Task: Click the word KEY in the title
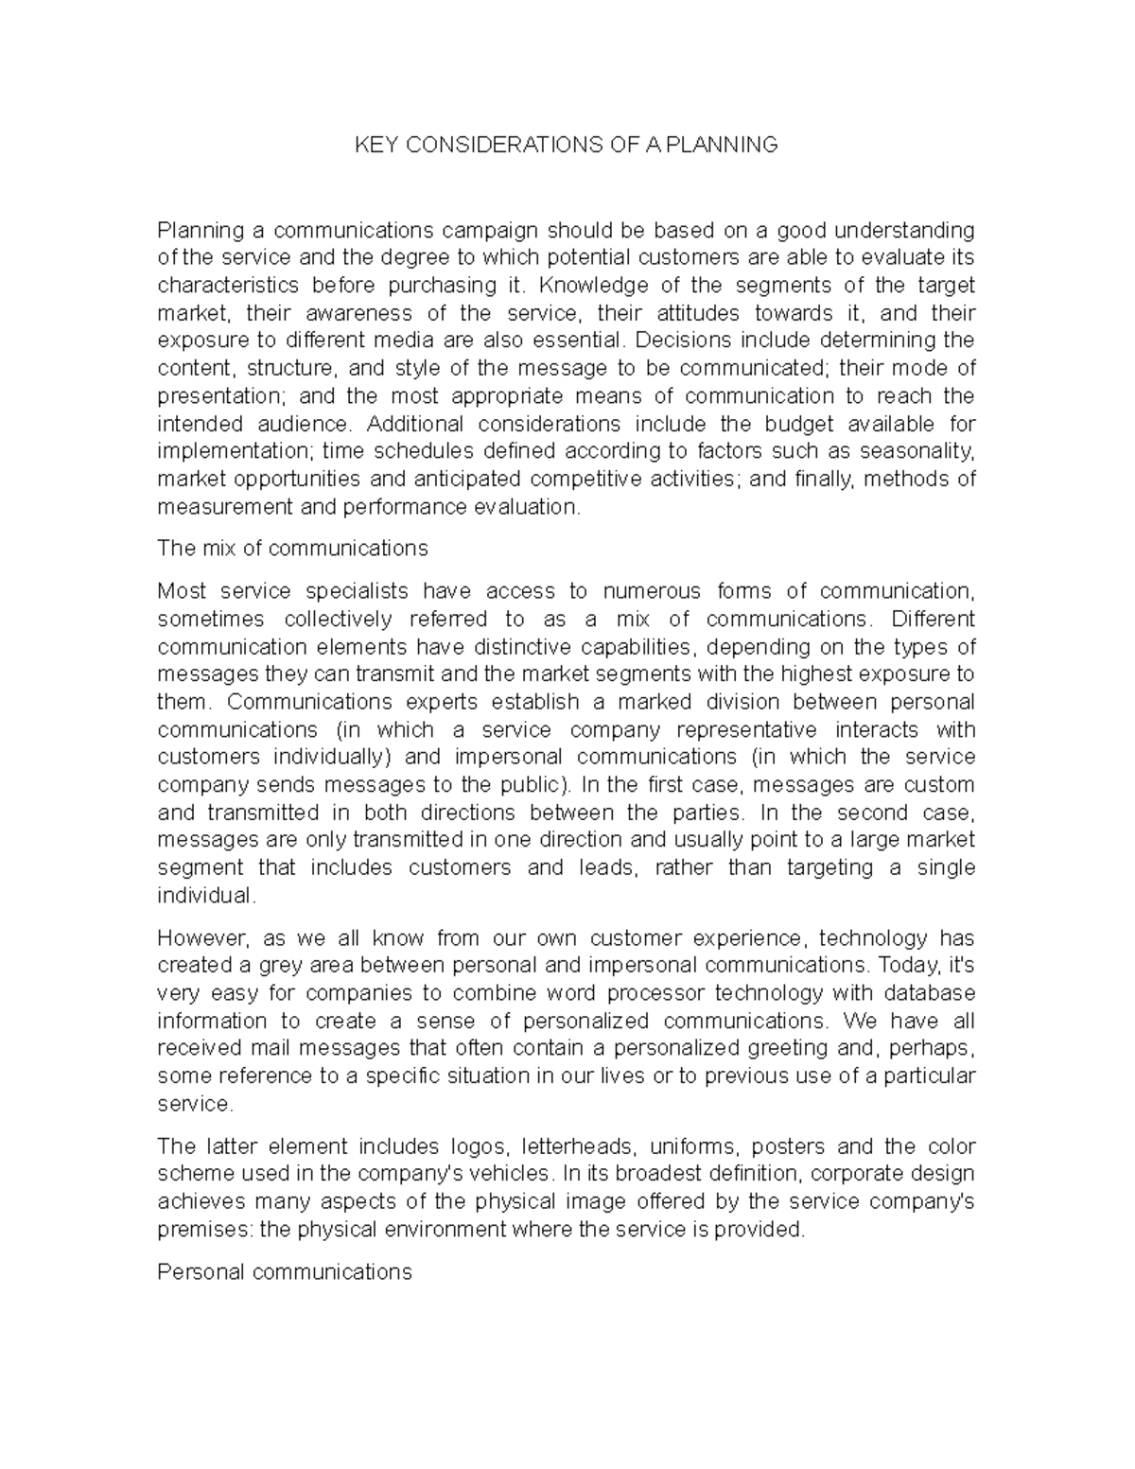[x=372, y=145]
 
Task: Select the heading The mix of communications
[x=292, y=549]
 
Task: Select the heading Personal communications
[x=284, y=1272]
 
